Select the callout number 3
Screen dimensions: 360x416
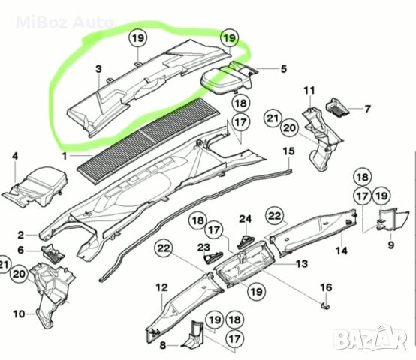98,70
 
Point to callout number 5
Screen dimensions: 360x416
283,70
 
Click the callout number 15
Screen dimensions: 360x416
288,151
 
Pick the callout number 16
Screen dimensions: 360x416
325,287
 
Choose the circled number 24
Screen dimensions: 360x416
244,219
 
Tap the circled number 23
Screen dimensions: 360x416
204,247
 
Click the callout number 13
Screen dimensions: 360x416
301,263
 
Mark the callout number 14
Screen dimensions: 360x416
339,250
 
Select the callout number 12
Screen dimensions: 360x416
161,286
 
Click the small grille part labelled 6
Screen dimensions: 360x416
52,252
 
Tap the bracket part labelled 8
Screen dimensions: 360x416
192,337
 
